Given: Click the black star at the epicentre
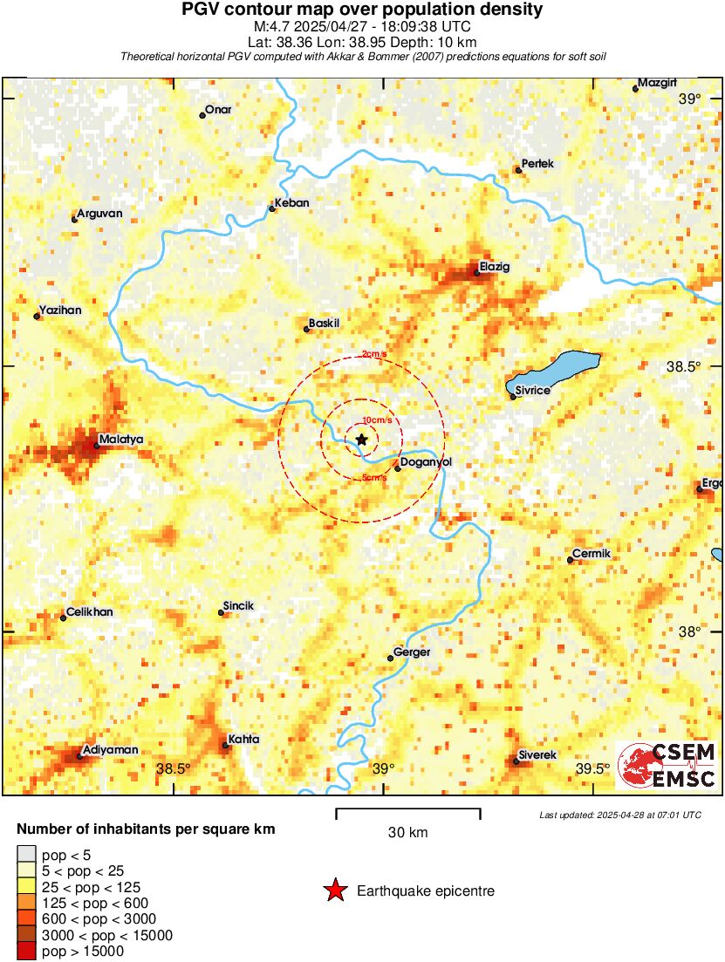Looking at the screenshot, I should click(361, 440).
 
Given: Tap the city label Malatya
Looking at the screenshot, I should click(122, 439).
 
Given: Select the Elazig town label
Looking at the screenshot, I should click(495, 266).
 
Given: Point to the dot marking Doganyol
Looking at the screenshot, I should click(398, 468).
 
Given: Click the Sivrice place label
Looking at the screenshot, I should click(533, 390).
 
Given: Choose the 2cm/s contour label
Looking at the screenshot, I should click(374, 354).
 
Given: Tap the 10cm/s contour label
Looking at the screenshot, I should click(376, 420).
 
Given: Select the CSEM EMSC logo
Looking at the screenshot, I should click(667, 766).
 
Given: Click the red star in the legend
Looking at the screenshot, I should click(334, 890).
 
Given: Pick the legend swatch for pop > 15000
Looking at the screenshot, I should click(26, 952).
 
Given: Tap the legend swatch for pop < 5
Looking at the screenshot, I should click(26, 855).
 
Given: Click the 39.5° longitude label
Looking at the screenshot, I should click(593, 768).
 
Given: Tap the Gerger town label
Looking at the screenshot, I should click(412, 652).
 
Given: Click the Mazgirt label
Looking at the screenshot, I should click(657, 83).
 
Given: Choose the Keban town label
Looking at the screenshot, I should click(291, 203).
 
